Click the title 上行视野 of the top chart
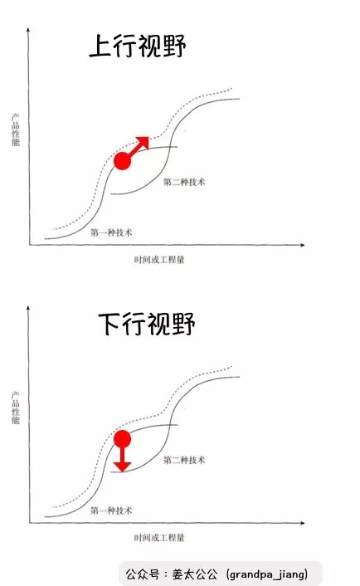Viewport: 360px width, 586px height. (138, 46)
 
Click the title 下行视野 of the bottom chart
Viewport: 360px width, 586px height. (147, 324)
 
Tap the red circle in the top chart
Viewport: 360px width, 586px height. (122, 161)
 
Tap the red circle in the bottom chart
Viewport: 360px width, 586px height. (122, 439)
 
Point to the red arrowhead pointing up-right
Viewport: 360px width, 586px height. (143, 143)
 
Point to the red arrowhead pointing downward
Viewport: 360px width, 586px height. (122, 466)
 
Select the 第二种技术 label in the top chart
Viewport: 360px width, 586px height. (184, 182)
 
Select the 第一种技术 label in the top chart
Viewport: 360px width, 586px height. (111, 232)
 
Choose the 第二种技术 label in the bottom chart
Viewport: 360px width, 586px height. (184, 460)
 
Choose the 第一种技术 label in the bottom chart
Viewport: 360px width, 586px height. (111, 510)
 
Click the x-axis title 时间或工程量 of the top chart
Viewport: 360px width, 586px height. (159, 259)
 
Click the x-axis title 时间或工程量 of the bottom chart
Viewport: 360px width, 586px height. (159, 537)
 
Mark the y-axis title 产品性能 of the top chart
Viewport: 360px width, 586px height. (15, 129)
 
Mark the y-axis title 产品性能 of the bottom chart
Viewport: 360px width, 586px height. (15, 408)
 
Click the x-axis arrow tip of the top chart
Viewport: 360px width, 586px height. (305, 245)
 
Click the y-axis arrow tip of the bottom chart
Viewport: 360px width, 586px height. (28, 305)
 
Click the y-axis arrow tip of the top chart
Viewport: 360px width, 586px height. (28, 27)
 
